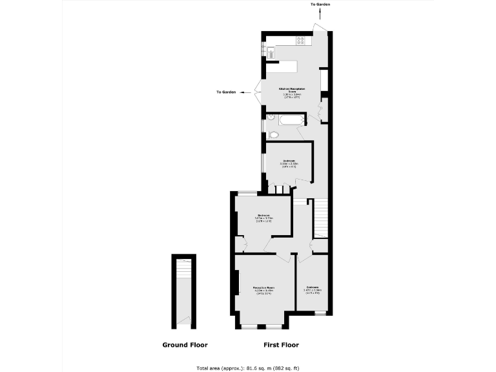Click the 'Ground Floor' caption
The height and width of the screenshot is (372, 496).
click(185, 345)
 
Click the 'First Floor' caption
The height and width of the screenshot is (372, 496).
click(281, 345)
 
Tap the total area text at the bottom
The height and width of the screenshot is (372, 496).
click(248, 367)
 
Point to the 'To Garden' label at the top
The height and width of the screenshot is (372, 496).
click(320, 5)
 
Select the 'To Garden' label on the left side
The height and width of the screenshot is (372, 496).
click(226, 92)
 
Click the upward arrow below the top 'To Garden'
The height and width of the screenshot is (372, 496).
click(320, 14)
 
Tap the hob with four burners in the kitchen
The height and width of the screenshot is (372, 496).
click(300, 40)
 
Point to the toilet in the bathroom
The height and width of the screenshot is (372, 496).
click(273, 134)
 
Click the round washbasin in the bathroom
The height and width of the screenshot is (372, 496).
click(271, 118)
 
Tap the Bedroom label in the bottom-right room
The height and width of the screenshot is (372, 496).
click(313, 289)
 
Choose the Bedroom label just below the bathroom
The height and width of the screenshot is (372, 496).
click(289, 162)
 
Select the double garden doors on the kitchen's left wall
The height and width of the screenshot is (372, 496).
click(258, 92)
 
